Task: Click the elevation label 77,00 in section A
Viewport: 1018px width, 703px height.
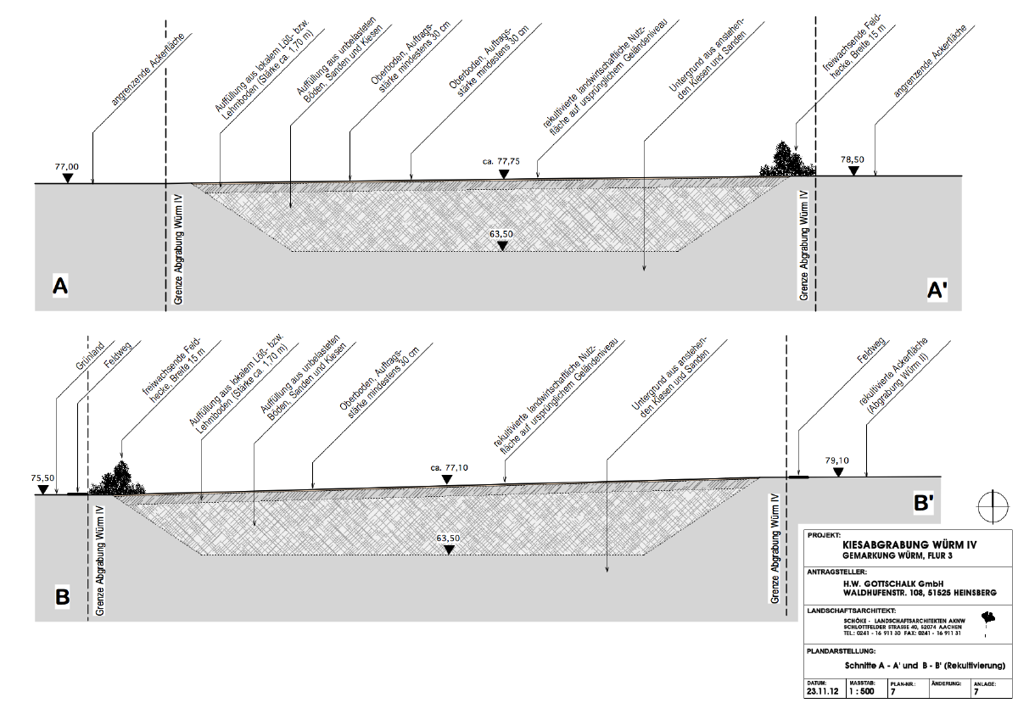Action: [x=67, y=167]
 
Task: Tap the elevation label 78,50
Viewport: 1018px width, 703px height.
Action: [x=853, y=159]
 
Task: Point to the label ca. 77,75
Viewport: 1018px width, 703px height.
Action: [x=501, y=160]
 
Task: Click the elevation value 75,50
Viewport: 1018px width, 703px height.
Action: [x=42, y=477]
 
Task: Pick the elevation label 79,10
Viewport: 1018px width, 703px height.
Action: [x=836, y=460]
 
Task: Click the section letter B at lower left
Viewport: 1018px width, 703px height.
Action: [x=62, y=597]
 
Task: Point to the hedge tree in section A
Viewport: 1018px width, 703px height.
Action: [x=786, y=159]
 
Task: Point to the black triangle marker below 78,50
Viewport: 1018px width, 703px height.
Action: [x=853, y=171]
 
